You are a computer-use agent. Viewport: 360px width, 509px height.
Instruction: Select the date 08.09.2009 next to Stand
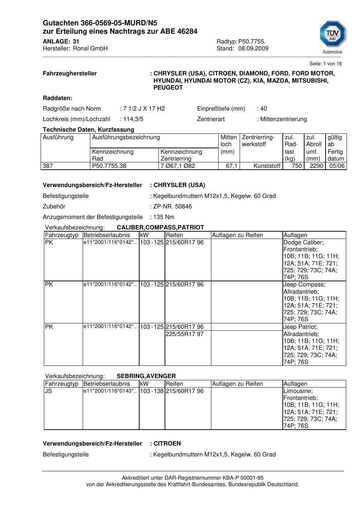(x=253, y=49)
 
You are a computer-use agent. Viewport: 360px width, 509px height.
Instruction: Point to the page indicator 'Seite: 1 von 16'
(x=325, y=64)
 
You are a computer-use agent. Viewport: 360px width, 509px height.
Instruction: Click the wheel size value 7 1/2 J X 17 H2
(x=144, y=109)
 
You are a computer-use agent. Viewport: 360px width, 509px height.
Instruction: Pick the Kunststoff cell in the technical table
(x=267, y=166)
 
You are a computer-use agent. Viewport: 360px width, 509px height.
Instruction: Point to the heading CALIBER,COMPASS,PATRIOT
(x=160, y=228)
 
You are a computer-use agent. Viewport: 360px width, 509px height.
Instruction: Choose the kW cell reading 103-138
(x=152, y=391)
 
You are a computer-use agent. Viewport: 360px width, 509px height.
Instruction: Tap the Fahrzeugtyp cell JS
(x=48, y=391)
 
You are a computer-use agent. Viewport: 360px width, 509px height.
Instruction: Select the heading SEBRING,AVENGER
(x=146, y=376)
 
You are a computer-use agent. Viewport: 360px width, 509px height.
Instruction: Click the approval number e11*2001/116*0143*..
(x=109, y=391)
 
